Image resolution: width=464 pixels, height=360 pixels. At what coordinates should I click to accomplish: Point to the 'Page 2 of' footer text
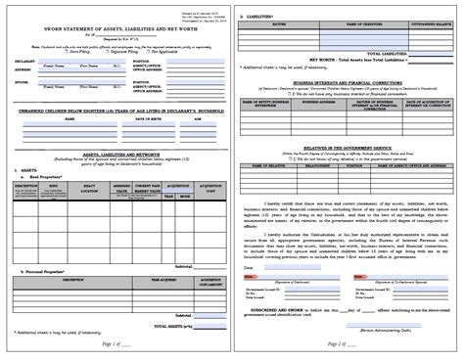343,345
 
